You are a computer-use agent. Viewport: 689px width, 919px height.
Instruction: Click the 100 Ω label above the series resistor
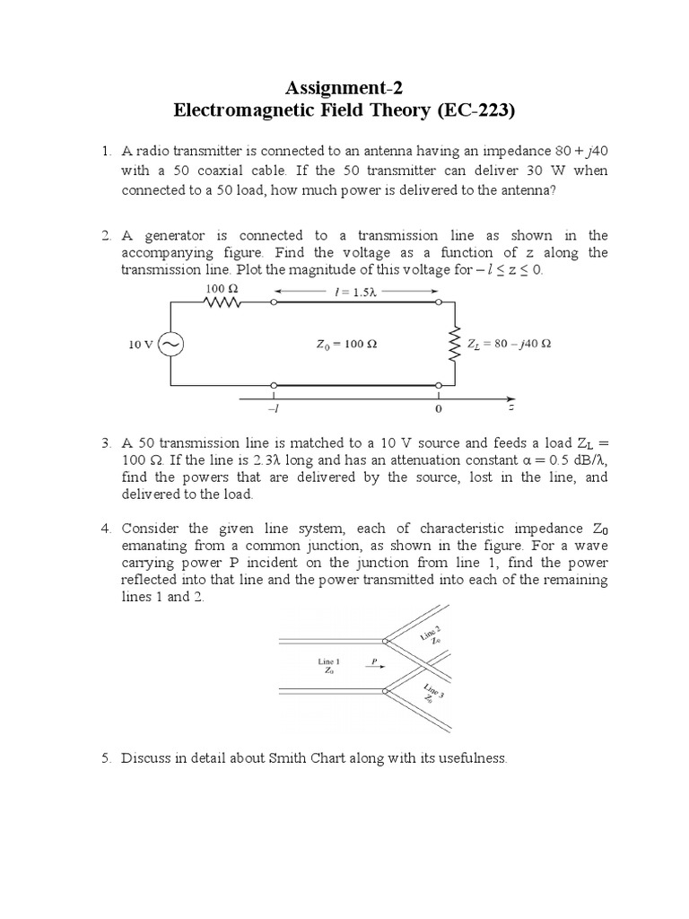(221, 288)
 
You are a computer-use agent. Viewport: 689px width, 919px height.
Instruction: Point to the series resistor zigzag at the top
(222, 302)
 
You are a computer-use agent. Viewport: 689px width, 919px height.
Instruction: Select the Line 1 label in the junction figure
(329, 661)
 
